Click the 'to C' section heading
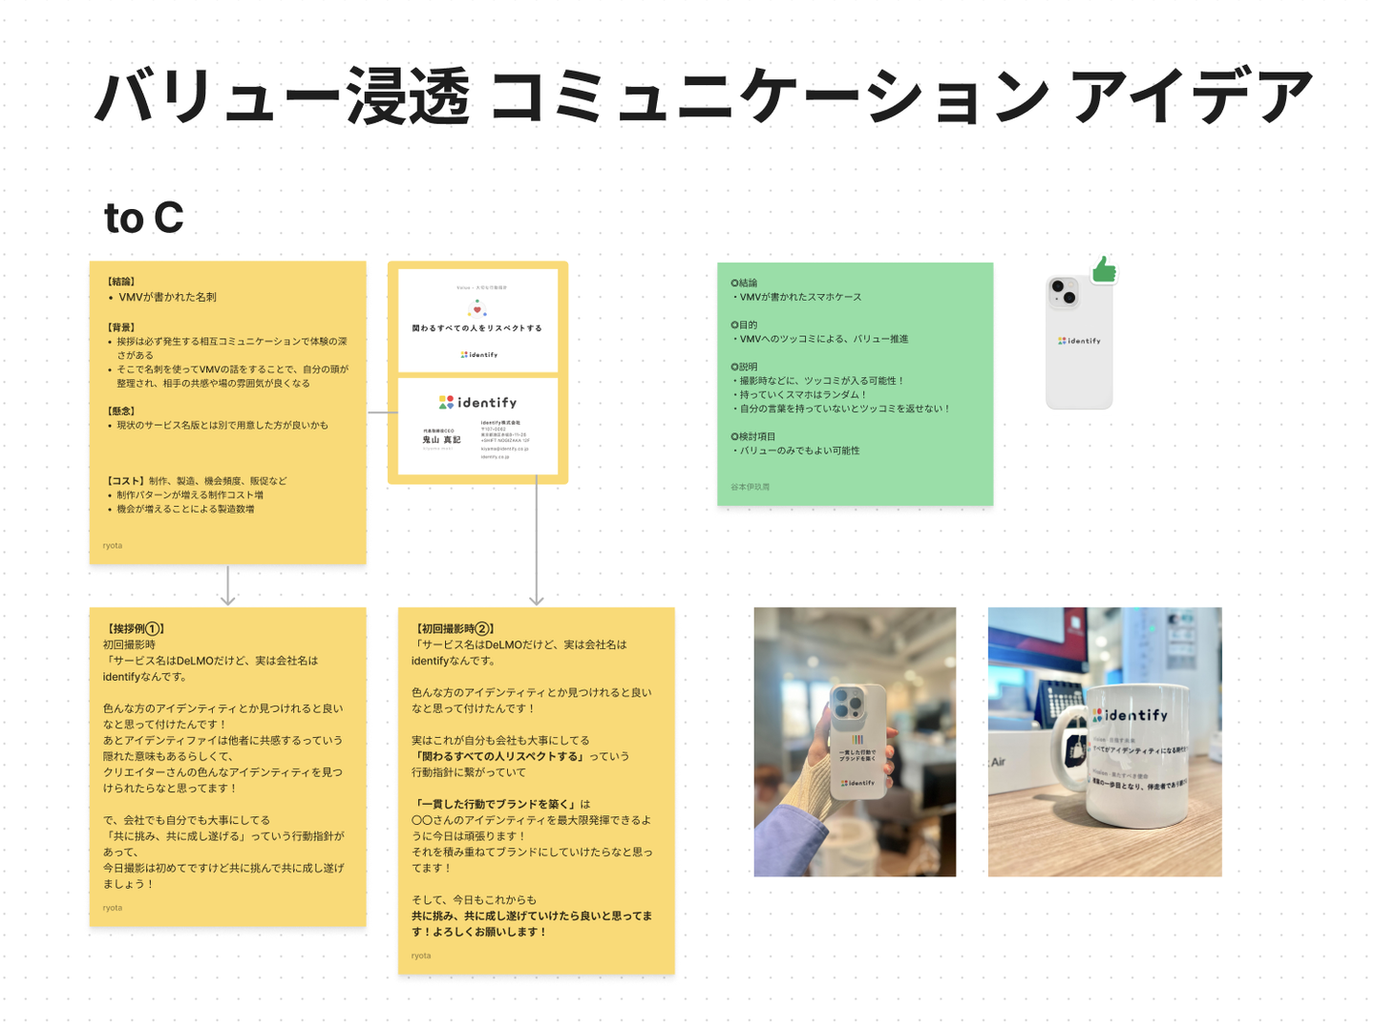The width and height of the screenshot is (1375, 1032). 143,219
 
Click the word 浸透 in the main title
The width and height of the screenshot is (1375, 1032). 408,97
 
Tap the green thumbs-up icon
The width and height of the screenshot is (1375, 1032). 1105,270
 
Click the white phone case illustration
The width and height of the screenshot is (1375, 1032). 1079,344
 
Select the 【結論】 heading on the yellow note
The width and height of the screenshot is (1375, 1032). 121,282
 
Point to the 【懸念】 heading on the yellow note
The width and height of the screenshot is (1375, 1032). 121,411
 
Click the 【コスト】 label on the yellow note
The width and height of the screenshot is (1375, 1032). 125,481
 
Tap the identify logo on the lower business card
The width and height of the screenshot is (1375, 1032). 477,403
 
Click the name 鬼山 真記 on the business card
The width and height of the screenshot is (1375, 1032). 441,440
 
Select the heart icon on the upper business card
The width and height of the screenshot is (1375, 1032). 477,308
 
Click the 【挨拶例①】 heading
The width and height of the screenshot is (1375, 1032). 135,629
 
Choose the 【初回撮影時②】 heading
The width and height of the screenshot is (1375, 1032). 454,629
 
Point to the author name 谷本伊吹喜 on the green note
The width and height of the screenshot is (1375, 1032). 751,487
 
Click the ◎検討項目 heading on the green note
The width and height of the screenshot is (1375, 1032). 753,436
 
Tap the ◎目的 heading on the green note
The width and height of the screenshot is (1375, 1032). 744,325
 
